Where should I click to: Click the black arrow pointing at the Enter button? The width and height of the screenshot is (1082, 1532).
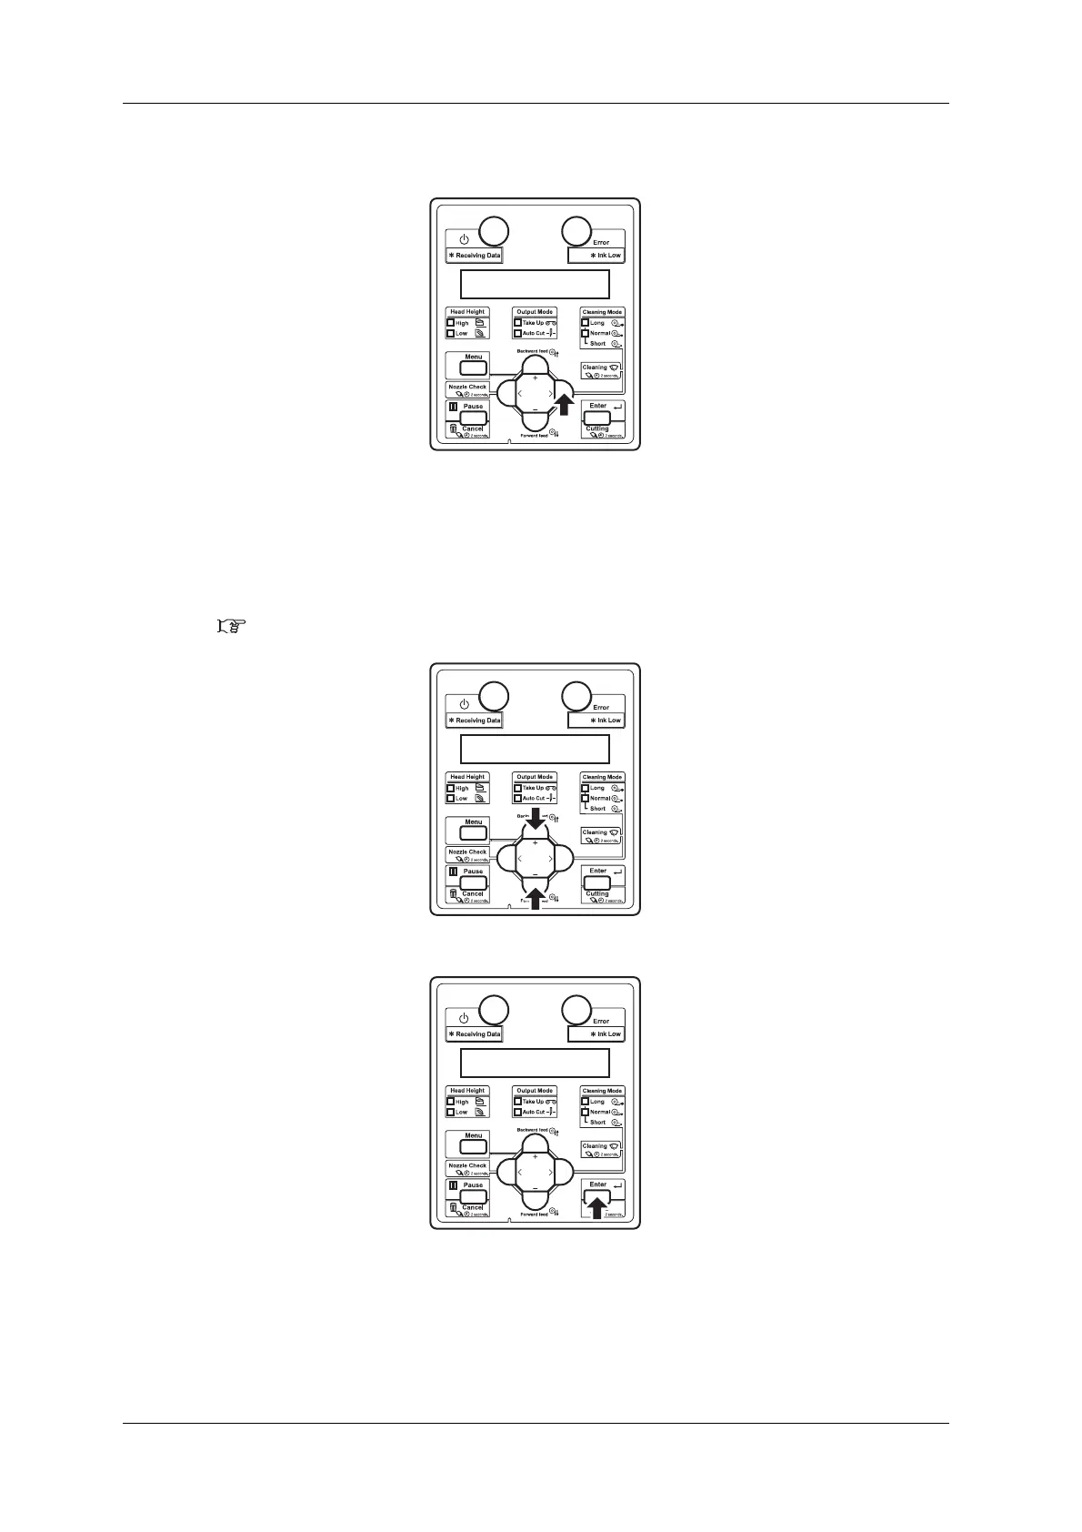[x=596, y=1206]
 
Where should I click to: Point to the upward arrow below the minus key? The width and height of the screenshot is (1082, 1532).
[x=535, y=898]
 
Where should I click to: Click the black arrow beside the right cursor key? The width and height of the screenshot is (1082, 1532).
[x=564, y=403]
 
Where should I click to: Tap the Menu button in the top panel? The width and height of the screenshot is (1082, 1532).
[x=473, y=368]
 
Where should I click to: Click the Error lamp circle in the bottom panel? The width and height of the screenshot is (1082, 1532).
[x=575, y=1010]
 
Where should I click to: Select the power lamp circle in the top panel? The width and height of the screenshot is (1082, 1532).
[x=494, y=231]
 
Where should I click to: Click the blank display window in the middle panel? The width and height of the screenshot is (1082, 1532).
[x=535, y=749]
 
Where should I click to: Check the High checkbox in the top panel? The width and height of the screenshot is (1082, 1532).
[x=451, y=323]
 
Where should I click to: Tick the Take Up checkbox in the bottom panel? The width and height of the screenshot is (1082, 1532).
[x=517, y=1102]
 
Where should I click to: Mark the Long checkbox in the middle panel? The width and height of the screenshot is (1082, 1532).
[x=586, y=788]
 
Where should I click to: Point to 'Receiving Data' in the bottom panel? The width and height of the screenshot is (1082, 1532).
[x=474, y=1034]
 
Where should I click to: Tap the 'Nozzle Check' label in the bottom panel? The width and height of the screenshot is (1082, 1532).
[x=467, y=1165]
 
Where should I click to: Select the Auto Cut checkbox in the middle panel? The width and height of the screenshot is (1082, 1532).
[x=517, y=799]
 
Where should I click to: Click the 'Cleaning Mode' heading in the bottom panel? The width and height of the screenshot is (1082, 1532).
[x=602, y=1091]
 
